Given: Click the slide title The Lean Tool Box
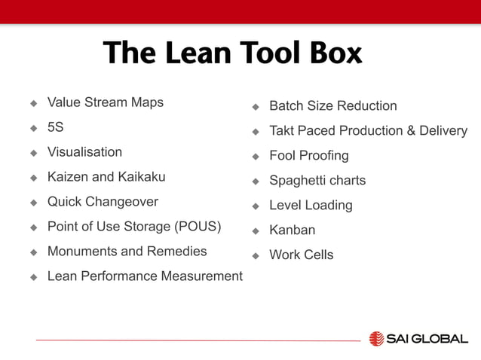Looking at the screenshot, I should [232, 53].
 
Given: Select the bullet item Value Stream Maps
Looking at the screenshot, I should [105, 102].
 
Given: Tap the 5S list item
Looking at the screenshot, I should [55, 127].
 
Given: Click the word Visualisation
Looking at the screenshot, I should [84, 152].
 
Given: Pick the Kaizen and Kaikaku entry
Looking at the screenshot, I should [106, 177].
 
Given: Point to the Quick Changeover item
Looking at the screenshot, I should [103, 202].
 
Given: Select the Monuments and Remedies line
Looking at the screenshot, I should [127, 252].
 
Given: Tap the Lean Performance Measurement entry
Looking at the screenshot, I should [145, 276].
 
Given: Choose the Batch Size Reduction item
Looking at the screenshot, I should [332, 106].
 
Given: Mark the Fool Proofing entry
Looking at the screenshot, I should [309, 156].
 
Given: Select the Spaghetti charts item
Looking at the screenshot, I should [317, 181].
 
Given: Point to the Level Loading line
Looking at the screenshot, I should [311, 206].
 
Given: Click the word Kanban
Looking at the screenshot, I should [293, 230].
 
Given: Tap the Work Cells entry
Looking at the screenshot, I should [302, 255].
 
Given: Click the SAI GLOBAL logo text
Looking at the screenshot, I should [427, 339].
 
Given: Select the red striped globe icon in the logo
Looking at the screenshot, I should [376, 339].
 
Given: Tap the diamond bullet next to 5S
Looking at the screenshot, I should [33, 128].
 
